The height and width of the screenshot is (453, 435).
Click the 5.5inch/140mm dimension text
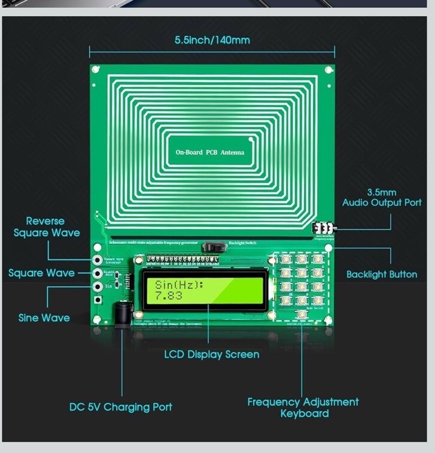(212, 40)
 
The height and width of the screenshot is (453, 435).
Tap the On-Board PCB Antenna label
(209, 153)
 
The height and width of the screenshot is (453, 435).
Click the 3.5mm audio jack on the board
(324, 229)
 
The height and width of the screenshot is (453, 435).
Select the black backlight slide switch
(212, 246)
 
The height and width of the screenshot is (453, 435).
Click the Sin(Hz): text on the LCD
(180, 285)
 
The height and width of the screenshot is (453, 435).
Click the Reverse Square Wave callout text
(45, 227)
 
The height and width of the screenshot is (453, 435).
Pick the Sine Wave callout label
(44, 318)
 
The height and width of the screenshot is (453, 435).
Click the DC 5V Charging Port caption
(120, 407)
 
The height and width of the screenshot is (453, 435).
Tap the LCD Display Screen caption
(212, 354)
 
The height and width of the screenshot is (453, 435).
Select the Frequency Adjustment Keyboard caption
(303, 407)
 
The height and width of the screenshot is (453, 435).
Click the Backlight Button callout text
(382, 274)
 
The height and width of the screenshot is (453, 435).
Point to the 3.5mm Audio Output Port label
(382, 198)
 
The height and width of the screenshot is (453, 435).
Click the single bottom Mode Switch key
(302, 314)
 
